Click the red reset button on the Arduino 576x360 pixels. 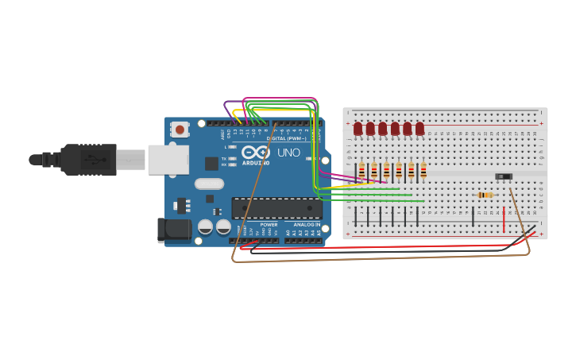180,129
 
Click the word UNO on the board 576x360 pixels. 288,152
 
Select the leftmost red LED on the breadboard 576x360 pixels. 358,128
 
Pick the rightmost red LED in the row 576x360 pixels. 419,128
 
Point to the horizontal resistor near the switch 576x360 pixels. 485,195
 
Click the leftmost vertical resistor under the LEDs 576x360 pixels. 361,170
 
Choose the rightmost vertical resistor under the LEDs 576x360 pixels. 423,170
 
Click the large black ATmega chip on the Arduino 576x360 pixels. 276,208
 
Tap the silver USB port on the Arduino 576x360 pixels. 168,159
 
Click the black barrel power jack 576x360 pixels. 174,230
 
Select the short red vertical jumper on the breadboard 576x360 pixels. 504,220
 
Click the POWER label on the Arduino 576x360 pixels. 269,224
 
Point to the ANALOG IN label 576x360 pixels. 307,224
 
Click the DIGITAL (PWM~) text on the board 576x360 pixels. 287,138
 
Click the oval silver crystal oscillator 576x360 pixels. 210,184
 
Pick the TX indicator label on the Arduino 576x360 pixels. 224,158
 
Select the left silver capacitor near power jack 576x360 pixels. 205,226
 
